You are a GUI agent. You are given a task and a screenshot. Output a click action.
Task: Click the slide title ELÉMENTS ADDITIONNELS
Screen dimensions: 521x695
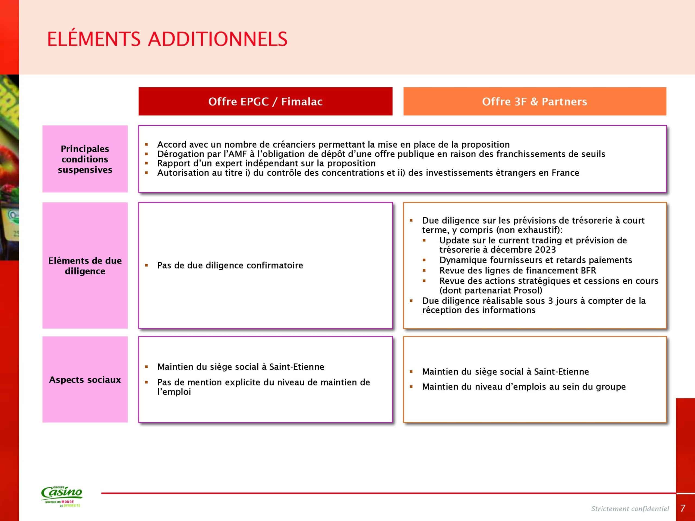[x=167, y=39]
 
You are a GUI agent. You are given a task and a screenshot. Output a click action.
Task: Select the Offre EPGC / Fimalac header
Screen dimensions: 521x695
[x=265, y=101]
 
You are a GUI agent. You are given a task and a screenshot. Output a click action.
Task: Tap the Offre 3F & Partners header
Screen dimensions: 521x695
[x=535, y=101]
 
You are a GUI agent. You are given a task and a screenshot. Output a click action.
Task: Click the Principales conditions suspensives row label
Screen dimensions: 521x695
[x=85, y=159]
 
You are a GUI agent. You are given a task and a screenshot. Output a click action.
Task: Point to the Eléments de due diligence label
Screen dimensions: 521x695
[x=85, y=266]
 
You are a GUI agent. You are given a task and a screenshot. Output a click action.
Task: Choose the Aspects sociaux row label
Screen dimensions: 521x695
[x=85, y=380]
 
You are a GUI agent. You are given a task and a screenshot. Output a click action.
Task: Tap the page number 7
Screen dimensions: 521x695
[x=683, y=509]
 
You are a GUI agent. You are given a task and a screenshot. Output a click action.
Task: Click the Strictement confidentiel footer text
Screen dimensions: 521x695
[x=630, y=509]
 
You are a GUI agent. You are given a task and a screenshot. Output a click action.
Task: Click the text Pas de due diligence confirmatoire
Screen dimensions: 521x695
[x=230, y=265]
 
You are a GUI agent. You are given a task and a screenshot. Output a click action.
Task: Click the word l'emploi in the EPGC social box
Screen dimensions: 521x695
[x=174, y=392]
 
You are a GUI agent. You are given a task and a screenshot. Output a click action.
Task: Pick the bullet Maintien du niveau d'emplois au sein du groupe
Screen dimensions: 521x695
[x=524, y=387]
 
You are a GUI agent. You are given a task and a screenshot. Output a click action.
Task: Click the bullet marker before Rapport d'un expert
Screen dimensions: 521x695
[x=146, y=163]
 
